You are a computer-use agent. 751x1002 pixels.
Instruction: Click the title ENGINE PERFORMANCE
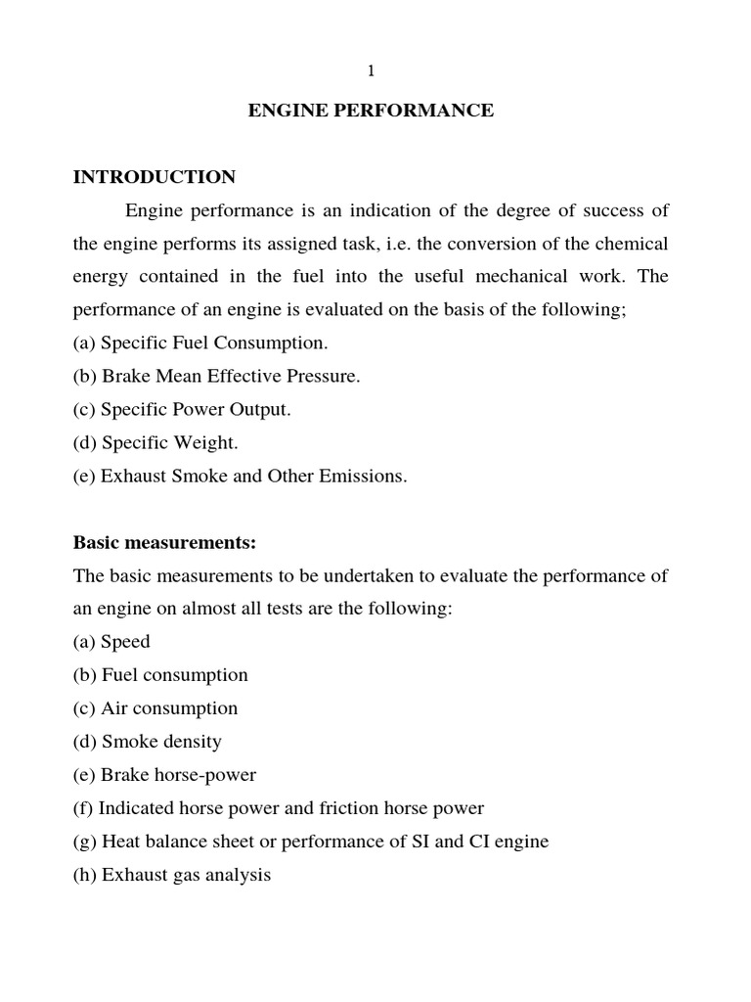(x=371, y=111)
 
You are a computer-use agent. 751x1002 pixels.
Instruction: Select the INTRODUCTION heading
(x=155, y=177)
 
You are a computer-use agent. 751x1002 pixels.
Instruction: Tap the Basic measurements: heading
(x=163, y=542)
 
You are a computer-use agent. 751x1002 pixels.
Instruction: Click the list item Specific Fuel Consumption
(x=200, y=343)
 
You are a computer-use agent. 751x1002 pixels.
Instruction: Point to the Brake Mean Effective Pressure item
(x=216, y=377)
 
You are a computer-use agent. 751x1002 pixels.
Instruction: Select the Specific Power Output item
(x=182, y=410)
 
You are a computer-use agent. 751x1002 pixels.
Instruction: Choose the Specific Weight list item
(x=155, y=443)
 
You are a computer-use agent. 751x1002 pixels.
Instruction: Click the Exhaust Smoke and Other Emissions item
(x=240, y=477)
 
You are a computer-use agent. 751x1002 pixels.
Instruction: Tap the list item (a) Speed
(x=111, y=642)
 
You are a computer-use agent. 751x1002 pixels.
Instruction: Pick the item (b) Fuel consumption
(x=160, y=675)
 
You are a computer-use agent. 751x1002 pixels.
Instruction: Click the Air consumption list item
(x=155, y=708)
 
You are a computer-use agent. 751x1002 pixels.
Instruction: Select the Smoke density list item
(x=148, y=742)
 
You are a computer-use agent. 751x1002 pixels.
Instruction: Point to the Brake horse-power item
(x=164, y=775)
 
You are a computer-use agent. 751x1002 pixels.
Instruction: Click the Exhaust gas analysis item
(x=172, y=875)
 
